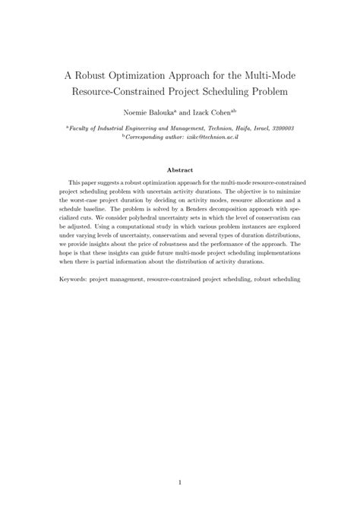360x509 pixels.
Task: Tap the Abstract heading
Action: (x=180, y=170)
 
